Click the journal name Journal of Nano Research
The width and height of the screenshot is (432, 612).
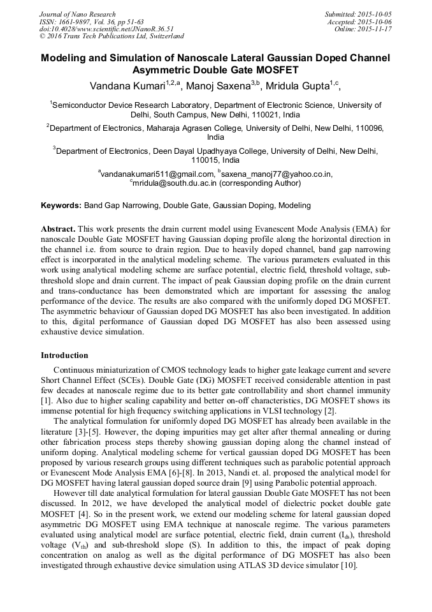pos(77,14)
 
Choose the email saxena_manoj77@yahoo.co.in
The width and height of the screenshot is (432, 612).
pos(277,174)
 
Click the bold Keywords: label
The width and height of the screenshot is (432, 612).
pos(61,205)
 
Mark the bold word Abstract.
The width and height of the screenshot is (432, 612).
pos(59,228)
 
